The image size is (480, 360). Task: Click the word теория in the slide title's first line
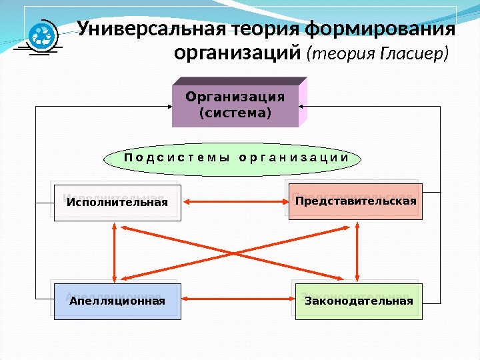pyautogui.click(x=265, y=30)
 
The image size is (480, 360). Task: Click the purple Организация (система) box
pyautogui.click(x=235, y=106)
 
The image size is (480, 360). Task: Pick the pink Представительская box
pyautogui.click(x=355, y=201)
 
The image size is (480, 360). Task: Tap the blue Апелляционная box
pyautogui.click(x=117, y=301)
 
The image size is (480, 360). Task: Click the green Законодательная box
pyautogui.click(x=358, y=301)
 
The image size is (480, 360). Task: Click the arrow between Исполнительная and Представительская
pyautogui.click(x=234, y=201)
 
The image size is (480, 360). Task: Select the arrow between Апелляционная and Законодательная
pyautogui.click(x=237, y=301)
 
